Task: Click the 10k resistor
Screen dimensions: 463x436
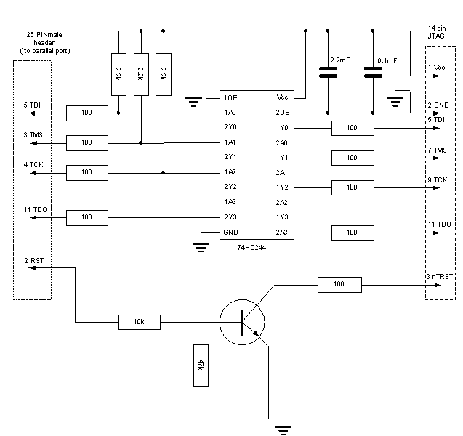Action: [140, 322]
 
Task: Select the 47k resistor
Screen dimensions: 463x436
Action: [201, 366]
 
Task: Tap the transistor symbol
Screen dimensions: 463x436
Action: [242, 322]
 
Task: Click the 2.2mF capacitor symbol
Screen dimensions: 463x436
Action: [328, 73]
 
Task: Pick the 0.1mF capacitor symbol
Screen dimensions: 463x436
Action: [373, 73]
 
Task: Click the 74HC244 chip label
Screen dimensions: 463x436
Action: [251, 248]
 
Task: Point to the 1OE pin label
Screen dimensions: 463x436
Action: [230, 98]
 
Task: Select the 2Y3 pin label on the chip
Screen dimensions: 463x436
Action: [230, 217]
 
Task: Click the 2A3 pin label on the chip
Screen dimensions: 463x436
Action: [282, 233]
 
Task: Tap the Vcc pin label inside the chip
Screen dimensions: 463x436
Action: [282, 97]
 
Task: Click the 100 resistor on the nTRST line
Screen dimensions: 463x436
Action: [339, 285]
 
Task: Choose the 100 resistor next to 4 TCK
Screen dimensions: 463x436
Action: [87, 173]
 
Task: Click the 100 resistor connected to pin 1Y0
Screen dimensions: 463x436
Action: [353, 128]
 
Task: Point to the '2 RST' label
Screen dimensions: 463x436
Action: [34, 261]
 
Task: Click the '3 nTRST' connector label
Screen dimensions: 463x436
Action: [439, 277]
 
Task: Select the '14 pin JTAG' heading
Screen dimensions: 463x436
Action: [437, 32]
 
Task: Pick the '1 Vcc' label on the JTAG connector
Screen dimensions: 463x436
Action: [437, 68]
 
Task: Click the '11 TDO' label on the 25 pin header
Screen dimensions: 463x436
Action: [36, 210]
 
